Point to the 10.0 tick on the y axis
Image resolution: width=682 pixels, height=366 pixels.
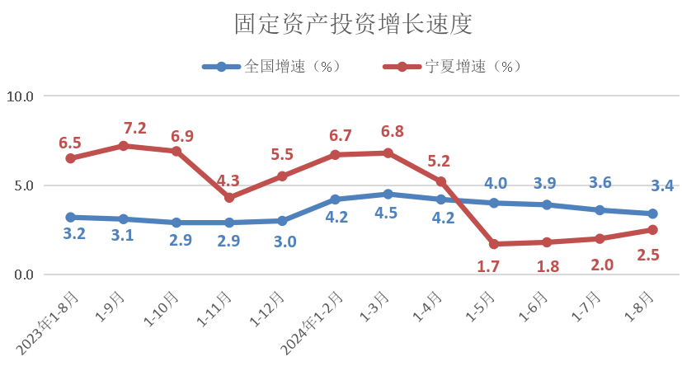coord(20,96)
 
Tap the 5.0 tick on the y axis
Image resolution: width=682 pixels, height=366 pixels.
coord(20,185)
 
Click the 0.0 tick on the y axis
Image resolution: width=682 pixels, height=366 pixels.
coord(20,275)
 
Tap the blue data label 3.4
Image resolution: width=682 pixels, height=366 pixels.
coord(662,185)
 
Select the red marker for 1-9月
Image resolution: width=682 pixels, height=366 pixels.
coord(124,146)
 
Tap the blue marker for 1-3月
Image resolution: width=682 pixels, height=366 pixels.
coord(388,195)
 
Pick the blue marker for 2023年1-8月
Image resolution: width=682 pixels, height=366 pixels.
coord(71,218)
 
